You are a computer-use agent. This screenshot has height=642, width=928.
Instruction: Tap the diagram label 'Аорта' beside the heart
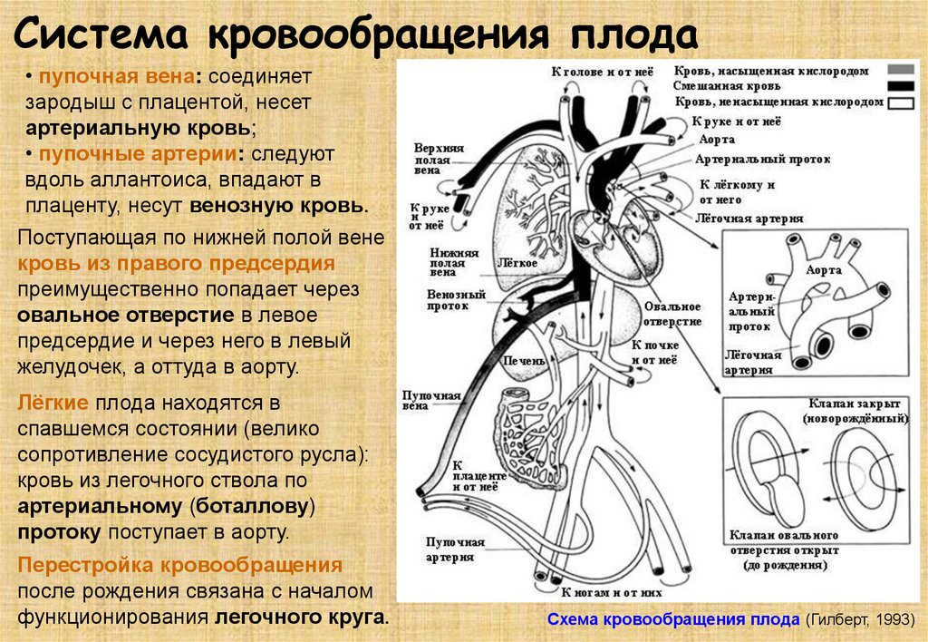point(717,141)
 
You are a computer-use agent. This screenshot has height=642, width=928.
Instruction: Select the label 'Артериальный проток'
point(762,159)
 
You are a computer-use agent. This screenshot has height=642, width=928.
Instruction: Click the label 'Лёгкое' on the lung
point(518,263)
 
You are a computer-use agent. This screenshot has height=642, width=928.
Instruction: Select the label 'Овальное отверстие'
point(672,314)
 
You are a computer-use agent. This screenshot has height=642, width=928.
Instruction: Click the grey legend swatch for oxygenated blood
point(900,70)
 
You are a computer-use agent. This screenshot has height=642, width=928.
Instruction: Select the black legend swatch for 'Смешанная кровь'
point(900,86)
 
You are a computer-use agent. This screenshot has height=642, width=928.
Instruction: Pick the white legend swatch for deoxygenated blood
point(900,102)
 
